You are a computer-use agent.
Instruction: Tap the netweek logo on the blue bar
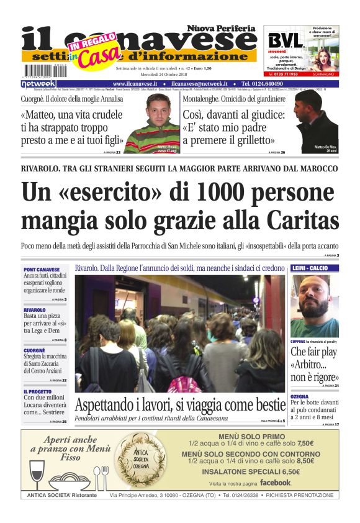tap(39, 83)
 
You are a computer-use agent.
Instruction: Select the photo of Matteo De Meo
tap(316, 122)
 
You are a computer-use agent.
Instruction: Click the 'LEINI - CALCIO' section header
tap(314, 268)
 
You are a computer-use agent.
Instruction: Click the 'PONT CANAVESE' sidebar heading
tap(42, 270)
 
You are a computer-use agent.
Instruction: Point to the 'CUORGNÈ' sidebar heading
tap(35, 350)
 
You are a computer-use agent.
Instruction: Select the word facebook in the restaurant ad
tap(275, 483)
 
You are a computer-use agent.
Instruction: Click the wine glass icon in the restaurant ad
tap(37, 471)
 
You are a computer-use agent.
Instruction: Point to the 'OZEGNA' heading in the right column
tap(300, 396)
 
